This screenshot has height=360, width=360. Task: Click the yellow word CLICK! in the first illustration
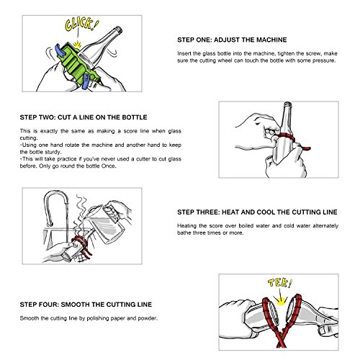[x=81, y=24]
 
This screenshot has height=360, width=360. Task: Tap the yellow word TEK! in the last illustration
[x=280, y=283]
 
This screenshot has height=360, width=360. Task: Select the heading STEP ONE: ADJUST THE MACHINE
[x=232, y=40]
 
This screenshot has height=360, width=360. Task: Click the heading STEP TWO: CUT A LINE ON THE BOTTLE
[x=84, y=117]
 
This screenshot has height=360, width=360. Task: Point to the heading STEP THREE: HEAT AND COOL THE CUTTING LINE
[x=257, y=212]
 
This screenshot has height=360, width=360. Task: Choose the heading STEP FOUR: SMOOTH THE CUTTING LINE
[x=86, y=305]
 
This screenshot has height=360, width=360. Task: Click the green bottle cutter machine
[x=78, y=63]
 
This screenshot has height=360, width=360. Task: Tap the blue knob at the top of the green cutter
[x=60, y=50]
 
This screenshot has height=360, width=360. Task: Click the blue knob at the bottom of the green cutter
[x=86, y=81]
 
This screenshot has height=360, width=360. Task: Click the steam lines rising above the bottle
[x=81, y=214]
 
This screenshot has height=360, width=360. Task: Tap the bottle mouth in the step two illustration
[x=287, y=104]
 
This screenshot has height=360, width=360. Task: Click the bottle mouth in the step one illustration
[x=118, y=30]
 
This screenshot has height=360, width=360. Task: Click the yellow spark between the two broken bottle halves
[x=281, y=300]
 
